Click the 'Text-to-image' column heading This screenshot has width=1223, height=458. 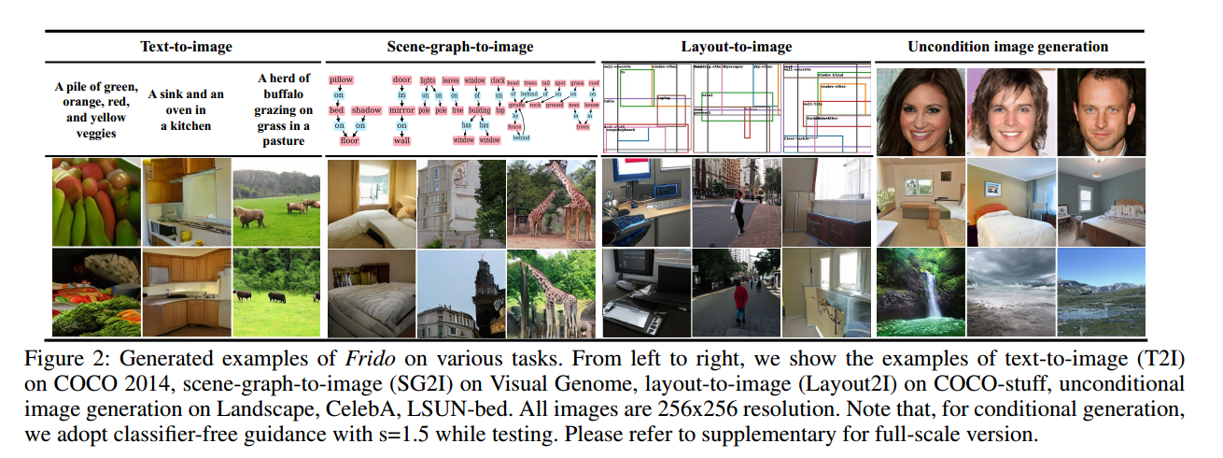pyautogui.click(x=186, y=46)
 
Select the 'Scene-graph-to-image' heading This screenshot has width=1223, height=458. pyautogui.click(x=460, y=46)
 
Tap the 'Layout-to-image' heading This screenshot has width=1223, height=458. pyautogui.click(x=737, y=46)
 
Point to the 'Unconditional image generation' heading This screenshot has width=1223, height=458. pyautogui.click(x=1007, y=46)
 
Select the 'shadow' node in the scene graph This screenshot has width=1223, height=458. pyautogui.click(x=366, y=110)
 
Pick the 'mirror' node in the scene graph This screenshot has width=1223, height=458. pyautogui.click(x=401, y=110)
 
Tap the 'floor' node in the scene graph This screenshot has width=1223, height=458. pyautogui.click(x=349, y=140)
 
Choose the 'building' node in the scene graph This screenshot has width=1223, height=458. pyautogui.click(x=479, y=110)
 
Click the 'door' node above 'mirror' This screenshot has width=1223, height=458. pyautogui.click(x=401, y=80)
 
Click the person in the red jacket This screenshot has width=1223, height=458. pyautogui.click(x=738, y=301)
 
